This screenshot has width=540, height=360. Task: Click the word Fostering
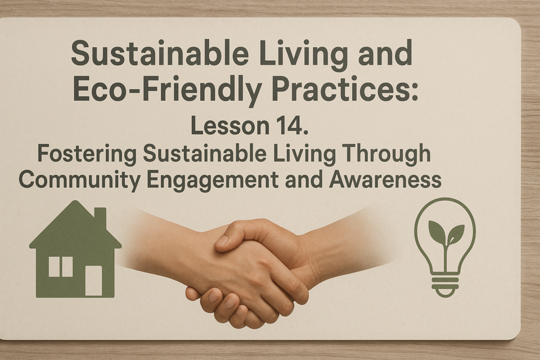tap(87, 154)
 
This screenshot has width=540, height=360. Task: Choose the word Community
tap(80, 180)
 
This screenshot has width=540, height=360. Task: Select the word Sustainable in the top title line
tap(160, 53)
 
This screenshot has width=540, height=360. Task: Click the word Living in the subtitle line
tap(303, 155)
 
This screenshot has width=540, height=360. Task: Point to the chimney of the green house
tap(100, 217)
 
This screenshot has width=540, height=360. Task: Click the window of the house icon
tap(61, 267)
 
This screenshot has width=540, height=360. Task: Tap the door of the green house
tap(94, 281)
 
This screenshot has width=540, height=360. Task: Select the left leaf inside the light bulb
tap(436, 231)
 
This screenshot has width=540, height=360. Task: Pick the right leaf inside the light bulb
tap(455, 233)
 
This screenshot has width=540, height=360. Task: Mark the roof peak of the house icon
tap(76, 201)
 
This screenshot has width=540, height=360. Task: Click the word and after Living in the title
tap(386, 53)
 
